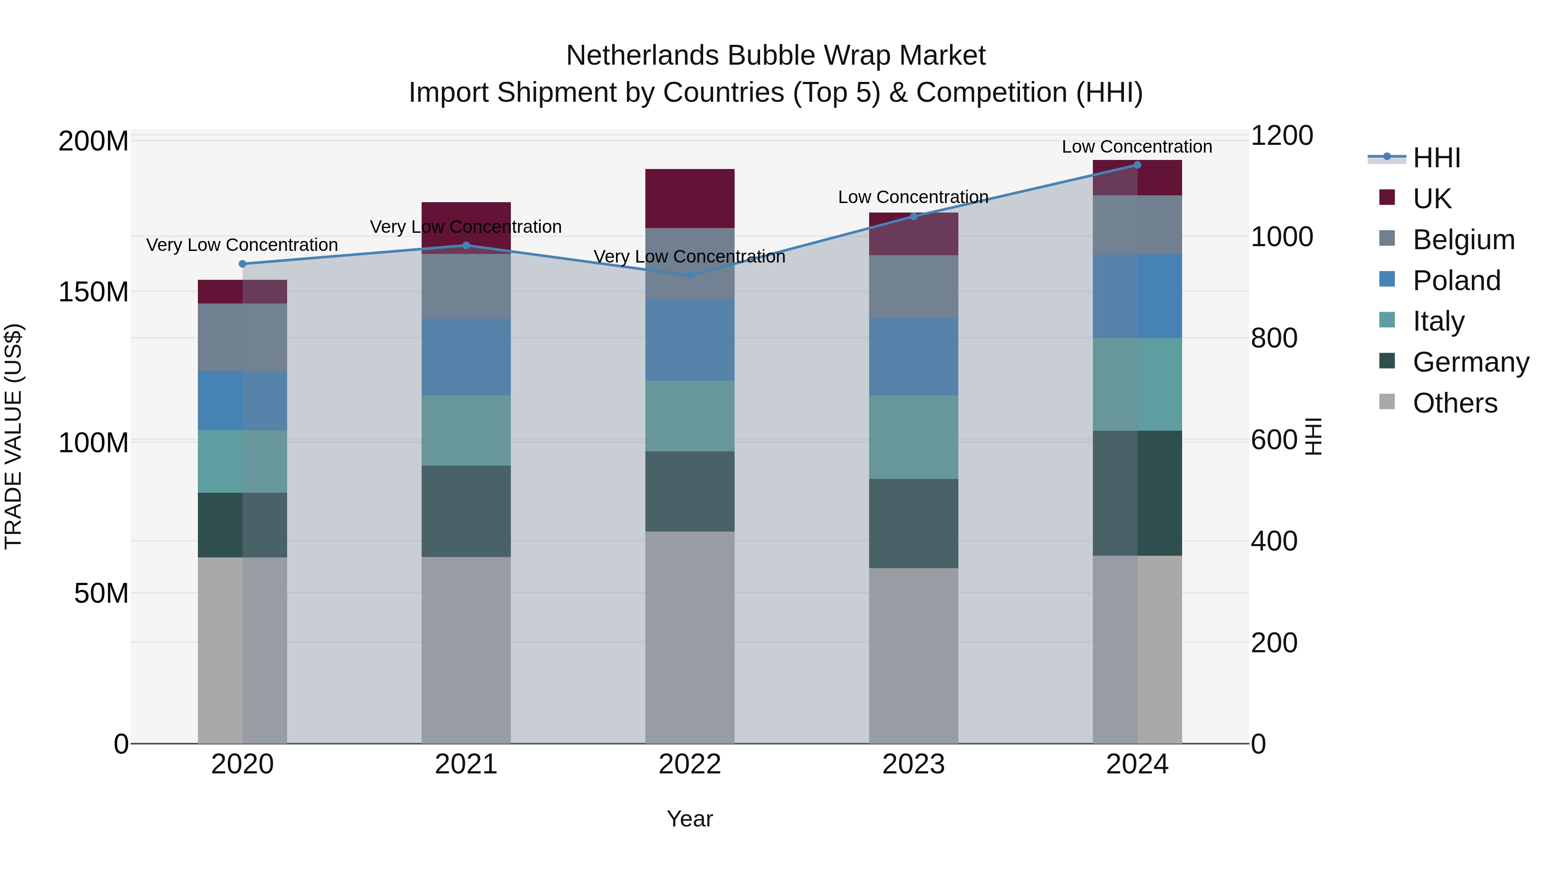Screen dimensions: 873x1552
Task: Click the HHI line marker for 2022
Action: point(690,275)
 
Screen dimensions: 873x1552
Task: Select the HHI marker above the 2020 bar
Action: point(243,264)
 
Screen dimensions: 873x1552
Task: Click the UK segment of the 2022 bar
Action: point(690,198)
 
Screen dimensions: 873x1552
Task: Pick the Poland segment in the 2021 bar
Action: point(466,357)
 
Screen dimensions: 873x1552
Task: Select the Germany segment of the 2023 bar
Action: point(914,523)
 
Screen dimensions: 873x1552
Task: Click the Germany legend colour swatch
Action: point(1387,362)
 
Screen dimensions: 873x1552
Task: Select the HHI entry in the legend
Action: point(1436,158)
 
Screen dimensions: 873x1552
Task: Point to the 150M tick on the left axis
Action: point(94,292)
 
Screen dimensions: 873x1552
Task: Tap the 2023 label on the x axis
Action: point(914,764)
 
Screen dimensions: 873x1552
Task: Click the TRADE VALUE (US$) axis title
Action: point(13,436)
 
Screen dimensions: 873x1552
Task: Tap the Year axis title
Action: point(690,819)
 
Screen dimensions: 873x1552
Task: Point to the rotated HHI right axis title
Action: point(1314,436)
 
